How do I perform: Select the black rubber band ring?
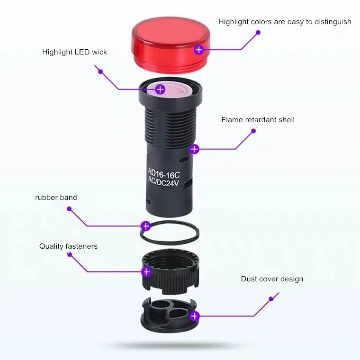pyautogui.click(x=170, y=233)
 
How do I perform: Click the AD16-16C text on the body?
pyautogui.click(x=164, y=173)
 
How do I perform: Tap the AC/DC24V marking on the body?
pyautogui.click(x=163, y=182)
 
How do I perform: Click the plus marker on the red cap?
pyautogui.click(x=198, y=50)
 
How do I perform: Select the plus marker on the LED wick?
pyautogui.click(x=160, y=90)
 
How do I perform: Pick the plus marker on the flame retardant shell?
pyautogui.click(x=194, y=149)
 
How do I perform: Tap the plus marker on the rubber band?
pyautogui.click(x=145, y=226)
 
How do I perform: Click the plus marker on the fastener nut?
pyautogui.click(x=146, y=272)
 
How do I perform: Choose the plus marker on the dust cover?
pyautogui.click(x=195, y=316)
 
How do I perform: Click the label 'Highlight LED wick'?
pyautogui.click(x=75, y=52)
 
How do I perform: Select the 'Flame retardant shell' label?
pyautogui.click(x=258, y=120)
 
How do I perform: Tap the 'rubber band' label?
pyautogui.click(x=56, y=198)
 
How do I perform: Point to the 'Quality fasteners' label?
pyautogui.click(x=68, y=246)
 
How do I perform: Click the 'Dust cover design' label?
pyautogui.click(x=272, y=279)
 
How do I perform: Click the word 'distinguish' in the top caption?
pyautogui.click(x=333, y=22)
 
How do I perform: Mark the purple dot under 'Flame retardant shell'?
pyautogui.click(x=253, y=131)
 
